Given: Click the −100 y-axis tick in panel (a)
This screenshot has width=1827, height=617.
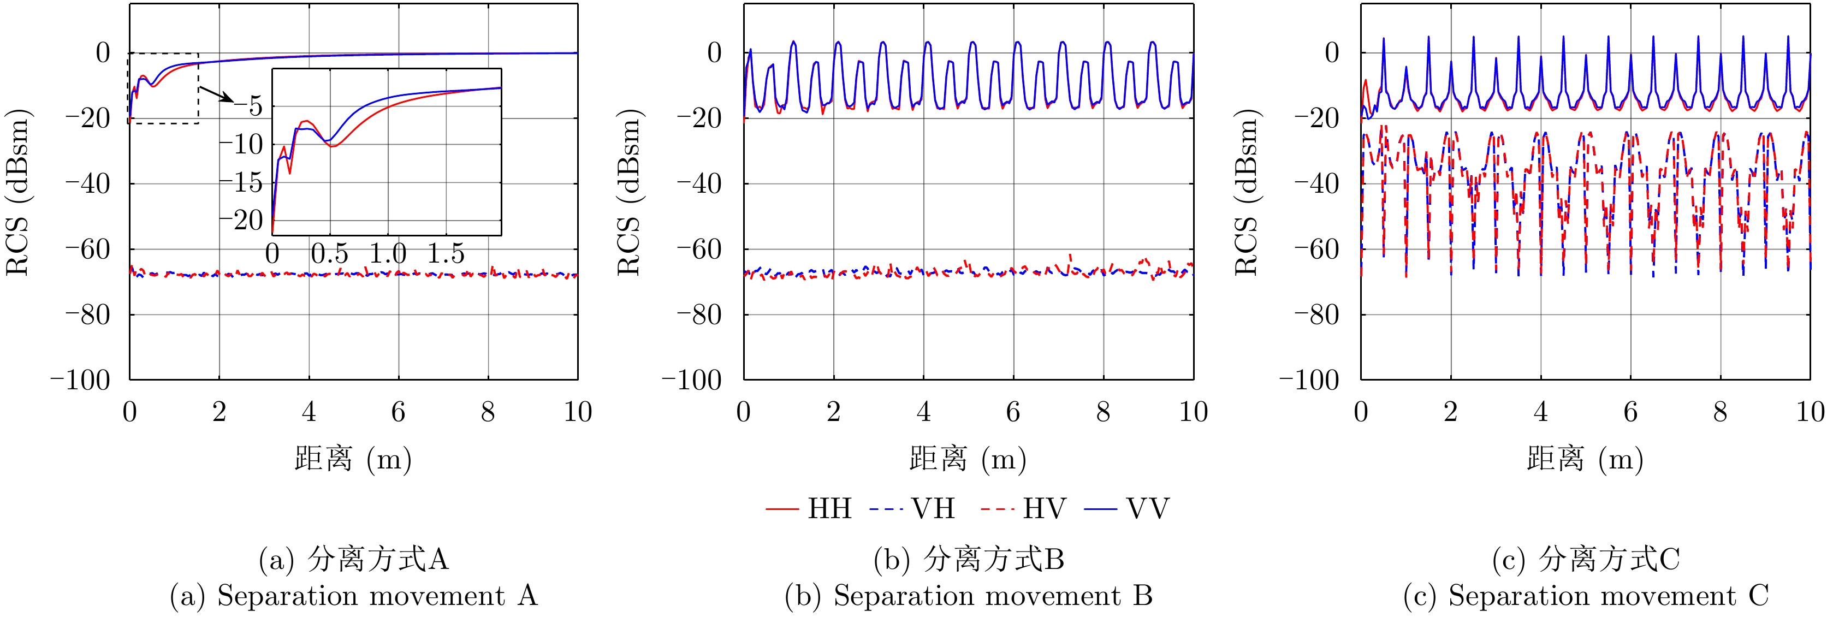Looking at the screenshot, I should (x=80, y=380).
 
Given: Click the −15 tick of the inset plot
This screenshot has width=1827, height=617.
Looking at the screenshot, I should (x=241, y=182).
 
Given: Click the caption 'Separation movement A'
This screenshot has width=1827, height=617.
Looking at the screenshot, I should (x=353, y=596).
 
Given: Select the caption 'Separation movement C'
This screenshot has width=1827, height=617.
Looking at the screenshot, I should (x=1586, y=596).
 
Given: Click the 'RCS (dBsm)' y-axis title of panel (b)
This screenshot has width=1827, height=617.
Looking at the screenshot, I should (x=629, y=192).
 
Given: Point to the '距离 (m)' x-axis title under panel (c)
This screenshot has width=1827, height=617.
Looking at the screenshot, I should (x=1585, y=460).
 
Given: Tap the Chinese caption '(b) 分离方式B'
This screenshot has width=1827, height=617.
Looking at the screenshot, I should (x=969, y=560).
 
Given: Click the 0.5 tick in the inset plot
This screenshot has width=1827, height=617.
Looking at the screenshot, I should (x=330, y=254).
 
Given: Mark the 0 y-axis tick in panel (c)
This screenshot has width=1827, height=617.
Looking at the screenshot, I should (x=1331, y=52).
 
